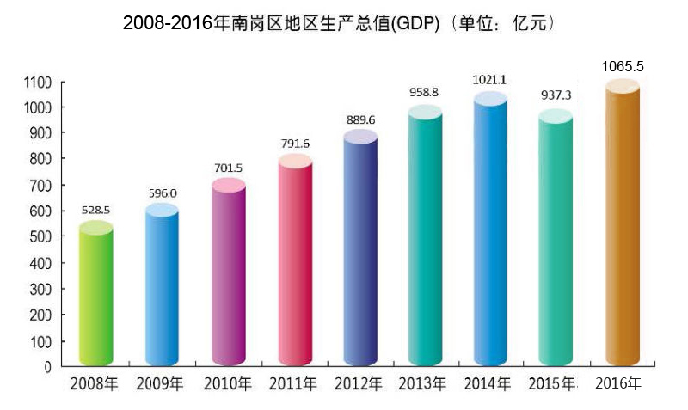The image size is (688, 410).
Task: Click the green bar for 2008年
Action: pos(95,297)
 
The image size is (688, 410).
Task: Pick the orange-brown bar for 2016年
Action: pos(623,228)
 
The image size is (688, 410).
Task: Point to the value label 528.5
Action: pos(97,209)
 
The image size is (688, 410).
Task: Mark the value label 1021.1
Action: pos(490,80)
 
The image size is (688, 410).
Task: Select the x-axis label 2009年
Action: pos(162,384)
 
